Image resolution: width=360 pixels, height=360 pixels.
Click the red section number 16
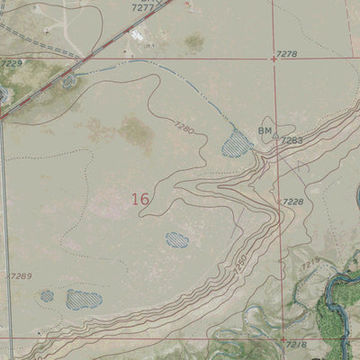(x=139, y=199)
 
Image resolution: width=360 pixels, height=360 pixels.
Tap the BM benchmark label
(x=265, y=131)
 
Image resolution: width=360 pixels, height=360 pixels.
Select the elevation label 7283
(x=292, y=140)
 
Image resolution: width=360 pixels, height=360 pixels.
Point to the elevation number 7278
(x=287, y=55)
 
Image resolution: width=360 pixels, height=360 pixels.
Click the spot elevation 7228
(x=292, y=202)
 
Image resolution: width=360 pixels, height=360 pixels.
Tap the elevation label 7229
(x=11, y=64)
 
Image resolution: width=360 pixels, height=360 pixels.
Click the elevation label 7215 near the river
(x=310, y=265)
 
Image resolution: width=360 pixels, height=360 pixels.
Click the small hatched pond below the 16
(x=177, y=239)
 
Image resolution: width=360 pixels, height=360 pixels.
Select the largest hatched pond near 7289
(x=84, y=299)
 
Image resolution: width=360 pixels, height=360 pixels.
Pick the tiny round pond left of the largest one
(x=47, y=295)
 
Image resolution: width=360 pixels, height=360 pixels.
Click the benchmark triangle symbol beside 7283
(x=275, y=138)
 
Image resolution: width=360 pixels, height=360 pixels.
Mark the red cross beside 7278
(x=274, y=58)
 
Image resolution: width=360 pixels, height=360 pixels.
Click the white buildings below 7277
(x=139, y=34)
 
